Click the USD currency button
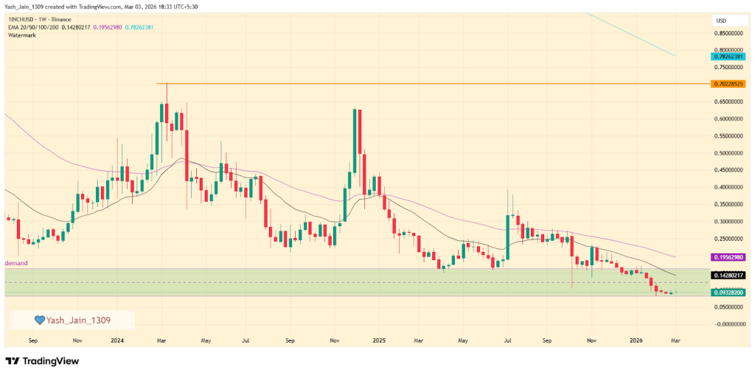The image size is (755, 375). pos(721,20)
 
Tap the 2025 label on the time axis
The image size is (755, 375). pos(379,341)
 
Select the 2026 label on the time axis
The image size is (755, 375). pos(637,341)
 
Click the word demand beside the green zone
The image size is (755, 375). pos(17,263)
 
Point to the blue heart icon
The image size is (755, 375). pos(40,320)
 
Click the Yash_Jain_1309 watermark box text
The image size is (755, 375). pos(78,320)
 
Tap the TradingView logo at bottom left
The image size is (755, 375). pos(42,361)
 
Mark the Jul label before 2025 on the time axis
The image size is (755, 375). pos(245,341)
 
